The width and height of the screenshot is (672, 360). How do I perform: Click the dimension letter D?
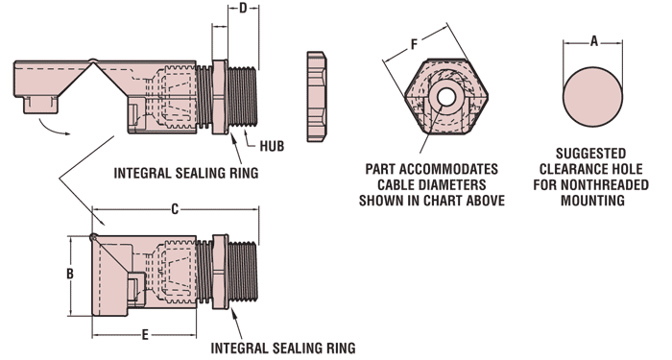pos(243,8)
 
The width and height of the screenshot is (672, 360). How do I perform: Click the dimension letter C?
pos(175,209)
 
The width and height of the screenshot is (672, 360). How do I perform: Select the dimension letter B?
pos(70,274)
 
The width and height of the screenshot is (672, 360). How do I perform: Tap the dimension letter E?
pos(145,335)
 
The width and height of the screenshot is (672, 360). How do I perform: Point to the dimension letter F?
pos(414,44)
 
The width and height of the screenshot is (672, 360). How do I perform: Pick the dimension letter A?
pos(594,41)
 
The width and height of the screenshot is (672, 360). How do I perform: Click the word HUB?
pos(272,146)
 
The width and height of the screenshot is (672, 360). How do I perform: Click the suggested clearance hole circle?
pos(592,97)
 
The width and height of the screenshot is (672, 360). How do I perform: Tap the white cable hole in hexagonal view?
pos(446,97)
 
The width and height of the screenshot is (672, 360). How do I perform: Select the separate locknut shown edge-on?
pos(316,96)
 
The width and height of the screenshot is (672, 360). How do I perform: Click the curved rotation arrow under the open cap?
pos(54,129)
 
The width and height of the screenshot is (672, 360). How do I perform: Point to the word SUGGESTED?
pos(591,154)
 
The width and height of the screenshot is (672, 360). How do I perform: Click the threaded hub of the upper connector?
pos(243,96)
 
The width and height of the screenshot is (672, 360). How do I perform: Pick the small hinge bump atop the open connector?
pos(93,60)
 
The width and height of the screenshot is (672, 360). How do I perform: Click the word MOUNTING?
pos(592,200)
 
